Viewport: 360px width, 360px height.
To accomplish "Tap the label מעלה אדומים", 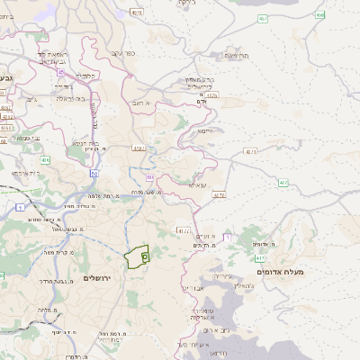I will tap(280, 272).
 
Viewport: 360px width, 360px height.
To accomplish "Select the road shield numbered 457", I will tap(262, 18).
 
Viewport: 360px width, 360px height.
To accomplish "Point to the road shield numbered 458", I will tap(319, 15).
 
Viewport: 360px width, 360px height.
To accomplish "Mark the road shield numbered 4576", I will tap(211, 94).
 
